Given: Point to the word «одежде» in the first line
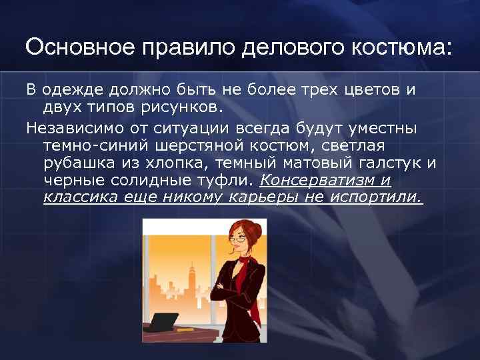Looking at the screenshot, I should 69,90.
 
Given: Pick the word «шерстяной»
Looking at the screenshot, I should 197,144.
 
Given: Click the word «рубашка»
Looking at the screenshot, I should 74,162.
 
